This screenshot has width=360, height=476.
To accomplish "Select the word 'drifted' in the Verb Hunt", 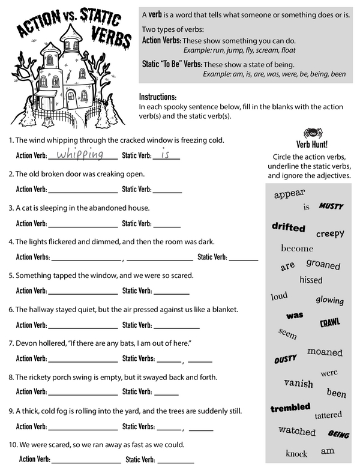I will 288,227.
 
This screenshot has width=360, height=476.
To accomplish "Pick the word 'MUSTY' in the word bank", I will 331,206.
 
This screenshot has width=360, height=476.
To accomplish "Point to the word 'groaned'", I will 323,264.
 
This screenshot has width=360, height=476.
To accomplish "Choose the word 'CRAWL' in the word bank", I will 329,322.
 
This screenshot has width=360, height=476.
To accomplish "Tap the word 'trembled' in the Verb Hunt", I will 290,408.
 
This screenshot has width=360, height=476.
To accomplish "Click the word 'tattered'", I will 328,415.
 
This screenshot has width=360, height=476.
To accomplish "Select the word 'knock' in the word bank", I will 296,453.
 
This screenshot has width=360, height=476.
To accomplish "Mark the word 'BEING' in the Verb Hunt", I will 338,433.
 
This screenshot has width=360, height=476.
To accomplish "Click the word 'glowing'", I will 329,300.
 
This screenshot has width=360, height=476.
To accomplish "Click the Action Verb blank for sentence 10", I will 86,461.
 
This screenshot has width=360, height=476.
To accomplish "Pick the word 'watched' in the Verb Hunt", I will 297,431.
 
